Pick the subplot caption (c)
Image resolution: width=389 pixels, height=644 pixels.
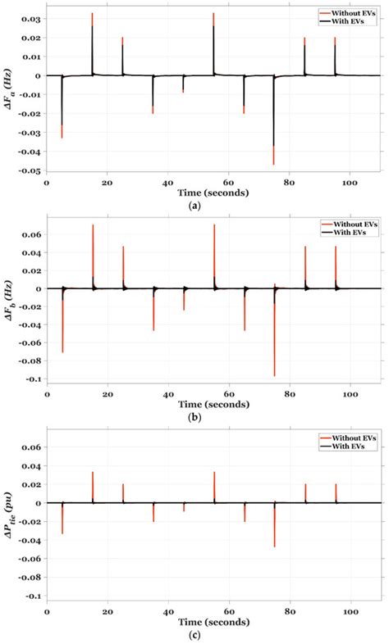[194, 633]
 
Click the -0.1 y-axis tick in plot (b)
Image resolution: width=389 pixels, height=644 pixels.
[33, 379]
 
